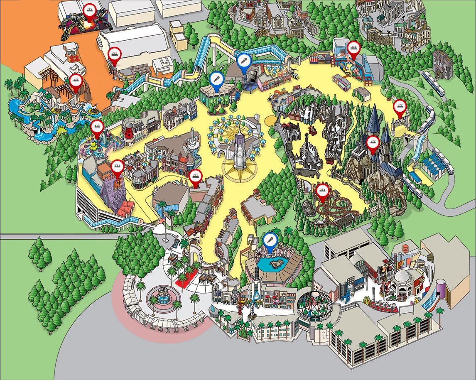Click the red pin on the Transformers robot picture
[x=89, y=10]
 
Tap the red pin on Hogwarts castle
[x=372, y=142]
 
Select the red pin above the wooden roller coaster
[x=322, y=191]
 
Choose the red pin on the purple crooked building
[x=118, y=167]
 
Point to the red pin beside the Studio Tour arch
[x=400, y=107]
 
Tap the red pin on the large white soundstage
[x=114, y=54]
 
